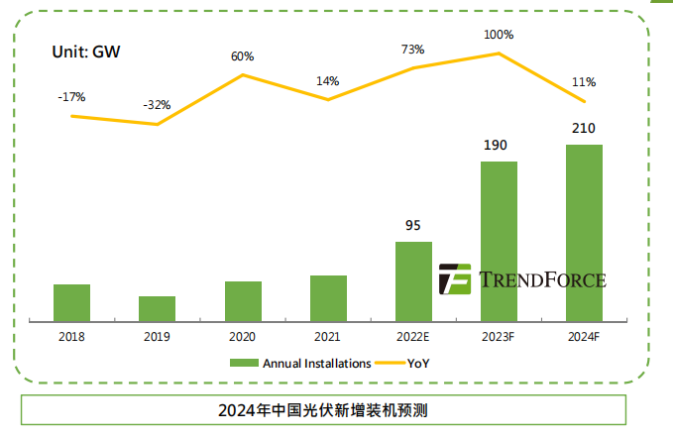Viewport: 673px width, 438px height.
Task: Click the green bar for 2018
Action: (x=71, y=302)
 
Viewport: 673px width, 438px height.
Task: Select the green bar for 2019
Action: (x=157, y=308)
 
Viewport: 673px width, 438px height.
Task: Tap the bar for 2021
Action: (x=328, y=298)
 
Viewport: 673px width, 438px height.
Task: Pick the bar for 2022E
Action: (x=413, y=281)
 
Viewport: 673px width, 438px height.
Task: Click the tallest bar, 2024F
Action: (x=584, y=233)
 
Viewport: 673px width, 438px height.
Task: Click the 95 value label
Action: (x=413, y=225)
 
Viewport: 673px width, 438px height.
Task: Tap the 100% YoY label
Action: (x=499, y=35)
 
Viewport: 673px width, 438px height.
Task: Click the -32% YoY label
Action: (x=156, y=104)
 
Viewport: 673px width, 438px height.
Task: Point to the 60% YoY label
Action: (x=243, y=55)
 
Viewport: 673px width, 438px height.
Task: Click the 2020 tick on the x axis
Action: (x=242, y=337)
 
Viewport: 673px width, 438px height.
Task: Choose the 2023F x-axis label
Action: (x=499, y=337)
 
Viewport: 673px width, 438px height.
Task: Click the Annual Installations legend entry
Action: (x=301, y=364)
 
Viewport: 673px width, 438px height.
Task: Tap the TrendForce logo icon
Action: (x=455, y=279)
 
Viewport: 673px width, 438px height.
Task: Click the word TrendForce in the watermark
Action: (x=541, y=279)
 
